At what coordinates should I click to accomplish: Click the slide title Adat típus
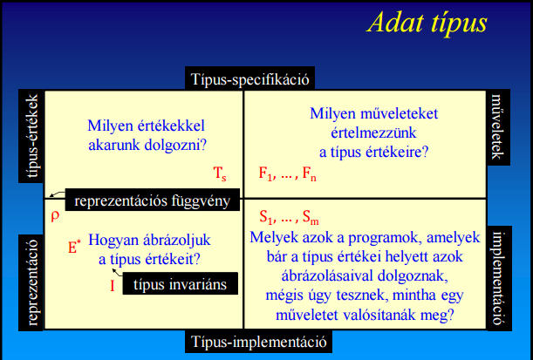[x=427, y=23]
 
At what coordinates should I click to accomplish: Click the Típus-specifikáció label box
[x=249, y=78]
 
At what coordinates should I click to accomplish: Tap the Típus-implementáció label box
[x=258, y=341]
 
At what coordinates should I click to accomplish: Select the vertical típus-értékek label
[x=31, y=136]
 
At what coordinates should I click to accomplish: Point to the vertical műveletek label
[x=498, y=127]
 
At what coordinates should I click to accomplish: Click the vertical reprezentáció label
[x=31, y=282]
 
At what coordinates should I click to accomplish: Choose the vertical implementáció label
[x=499, y=278]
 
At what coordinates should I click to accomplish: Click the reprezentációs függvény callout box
[x=153, y=200]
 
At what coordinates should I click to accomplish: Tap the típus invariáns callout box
[x=181, y=283]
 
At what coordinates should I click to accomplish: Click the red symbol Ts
[x=220, y=173]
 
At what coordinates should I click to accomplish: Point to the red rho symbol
[x=55, y=216]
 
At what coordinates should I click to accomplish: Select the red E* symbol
[x=74, y=248]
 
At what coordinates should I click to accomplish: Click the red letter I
[x=113, y=286]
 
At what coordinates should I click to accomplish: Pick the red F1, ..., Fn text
[x=288, y=173]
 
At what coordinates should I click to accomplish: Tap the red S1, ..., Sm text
[x=289, y=217]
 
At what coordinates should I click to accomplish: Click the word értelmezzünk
[x=373, y=132]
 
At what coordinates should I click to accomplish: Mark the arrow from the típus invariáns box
[x=117, y=272]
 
